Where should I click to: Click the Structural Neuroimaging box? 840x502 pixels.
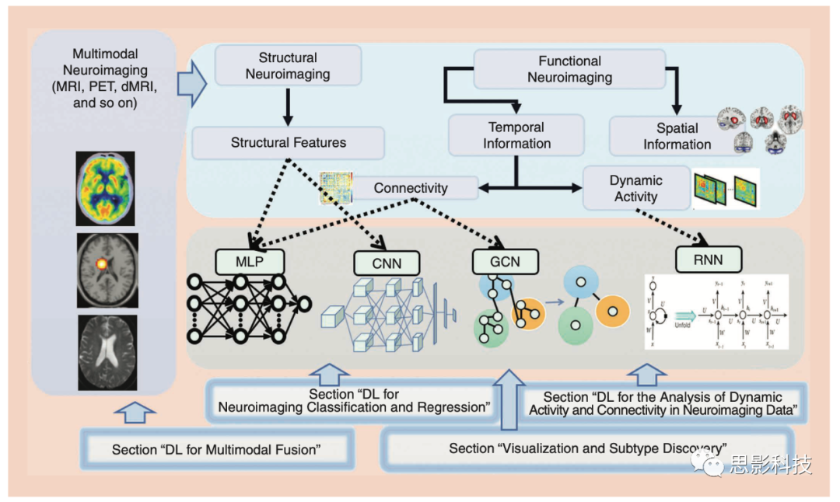[288, 65]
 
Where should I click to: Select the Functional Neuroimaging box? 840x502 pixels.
[569, 68]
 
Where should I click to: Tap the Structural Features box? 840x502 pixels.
[288, 143]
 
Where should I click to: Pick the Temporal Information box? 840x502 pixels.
[516, 135]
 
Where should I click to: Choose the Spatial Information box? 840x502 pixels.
[677, 136]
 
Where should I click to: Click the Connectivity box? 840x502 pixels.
[411, 188]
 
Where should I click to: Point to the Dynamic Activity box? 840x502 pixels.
[635, 188]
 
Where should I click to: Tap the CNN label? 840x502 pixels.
[387, 263]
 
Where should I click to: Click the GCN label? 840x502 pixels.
[506, 262]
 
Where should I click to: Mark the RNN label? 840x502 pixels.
[709, 259]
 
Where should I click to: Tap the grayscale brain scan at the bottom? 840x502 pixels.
[107, 351]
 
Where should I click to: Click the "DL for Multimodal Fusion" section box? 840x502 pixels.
[216, 449]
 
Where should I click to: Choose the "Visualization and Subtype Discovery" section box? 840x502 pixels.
[587, 448]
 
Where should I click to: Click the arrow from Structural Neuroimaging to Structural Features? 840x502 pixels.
[288, 106]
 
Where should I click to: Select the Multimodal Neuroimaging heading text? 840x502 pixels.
[105, 78]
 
